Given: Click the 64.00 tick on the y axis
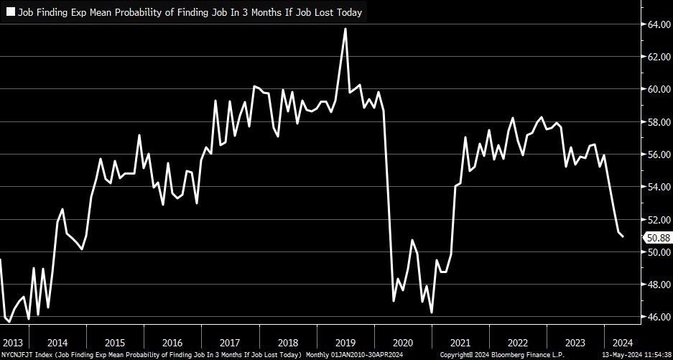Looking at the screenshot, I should point(658,24).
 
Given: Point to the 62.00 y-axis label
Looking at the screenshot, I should point(658,57).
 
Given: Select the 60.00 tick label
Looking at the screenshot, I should point(658,89).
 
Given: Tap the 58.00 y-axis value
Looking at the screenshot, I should point(658,122).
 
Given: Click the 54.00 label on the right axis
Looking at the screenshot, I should point(658,187).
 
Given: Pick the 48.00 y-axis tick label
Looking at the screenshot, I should point(658,285).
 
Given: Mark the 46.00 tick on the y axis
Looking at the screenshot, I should point(658,317).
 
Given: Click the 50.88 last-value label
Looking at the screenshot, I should point(659,237).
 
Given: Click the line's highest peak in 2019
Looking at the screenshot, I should point(345,29).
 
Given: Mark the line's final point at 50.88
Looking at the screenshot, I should point(623,236).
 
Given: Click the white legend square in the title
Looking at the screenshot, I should point(11,12).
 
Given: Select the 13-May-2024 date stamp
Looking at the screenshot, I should point(614,355).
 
